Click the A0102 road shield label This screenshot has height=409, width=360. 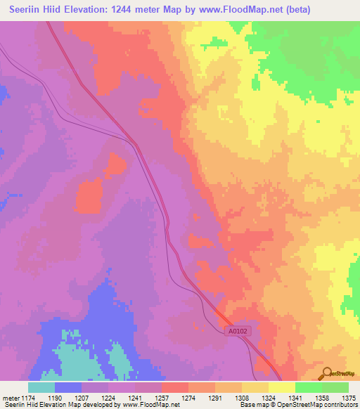(239, 329)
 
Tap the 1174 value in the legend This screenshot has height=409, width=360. (28, 398)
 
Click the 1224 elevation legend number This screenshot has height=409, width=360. (108, 398)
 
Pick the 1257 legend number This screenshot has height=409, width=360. (162, 398)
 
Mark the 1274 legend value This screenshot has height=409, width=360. (188, 398)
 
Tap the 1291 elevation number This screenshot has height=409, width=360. (215, 398)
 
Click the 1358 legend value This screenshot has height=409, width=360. (322, 398)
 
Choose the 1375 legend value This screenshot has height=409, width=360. (348, 398)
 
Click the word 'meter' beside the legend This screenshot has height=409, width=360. (10, 398)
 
